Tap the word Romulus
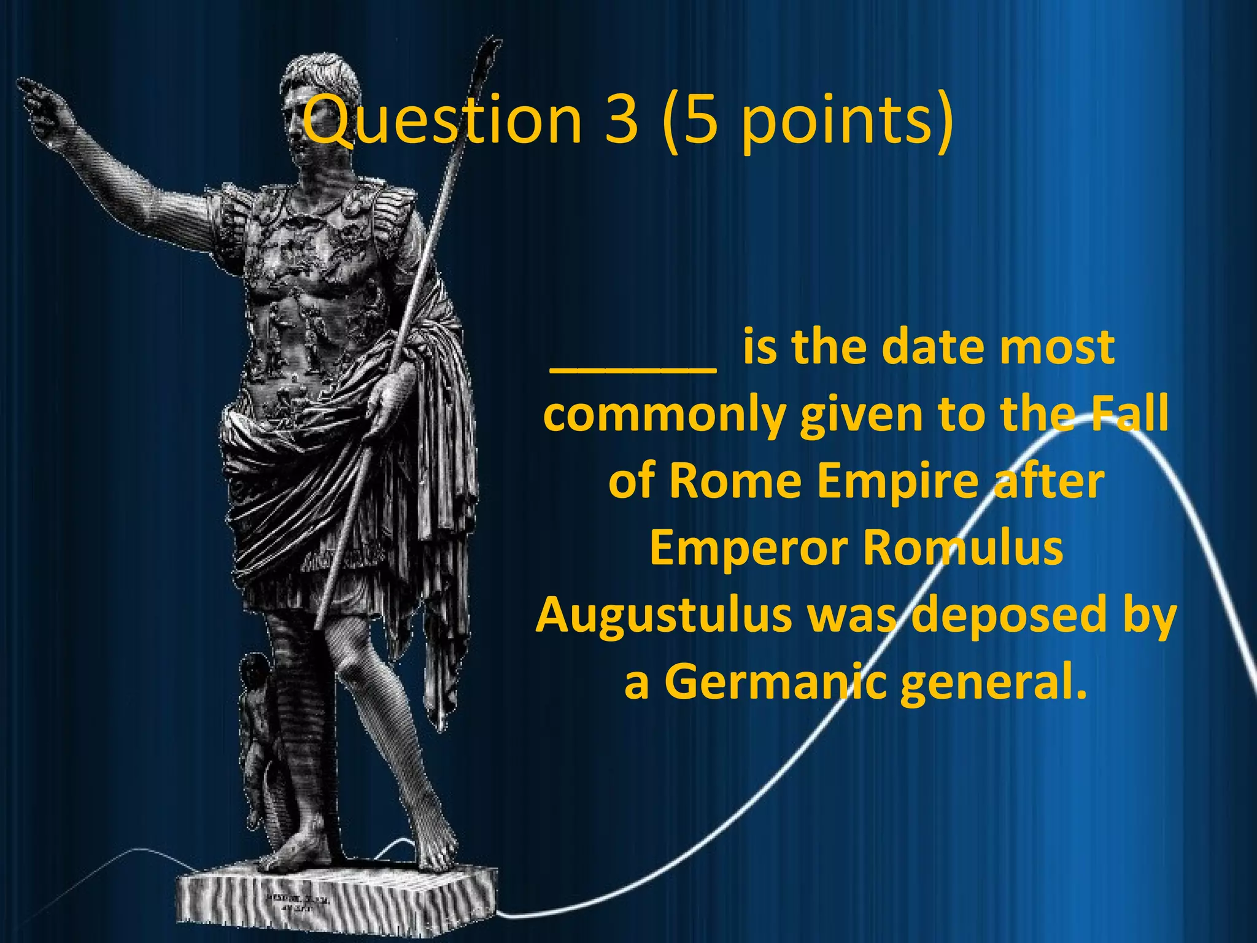click(x=963, y=548)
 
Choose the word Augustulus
click(x=665, y=615)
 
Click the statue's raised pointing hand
click(x=43, y=104)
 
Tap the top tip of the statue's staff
click(x=490, y=49)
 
